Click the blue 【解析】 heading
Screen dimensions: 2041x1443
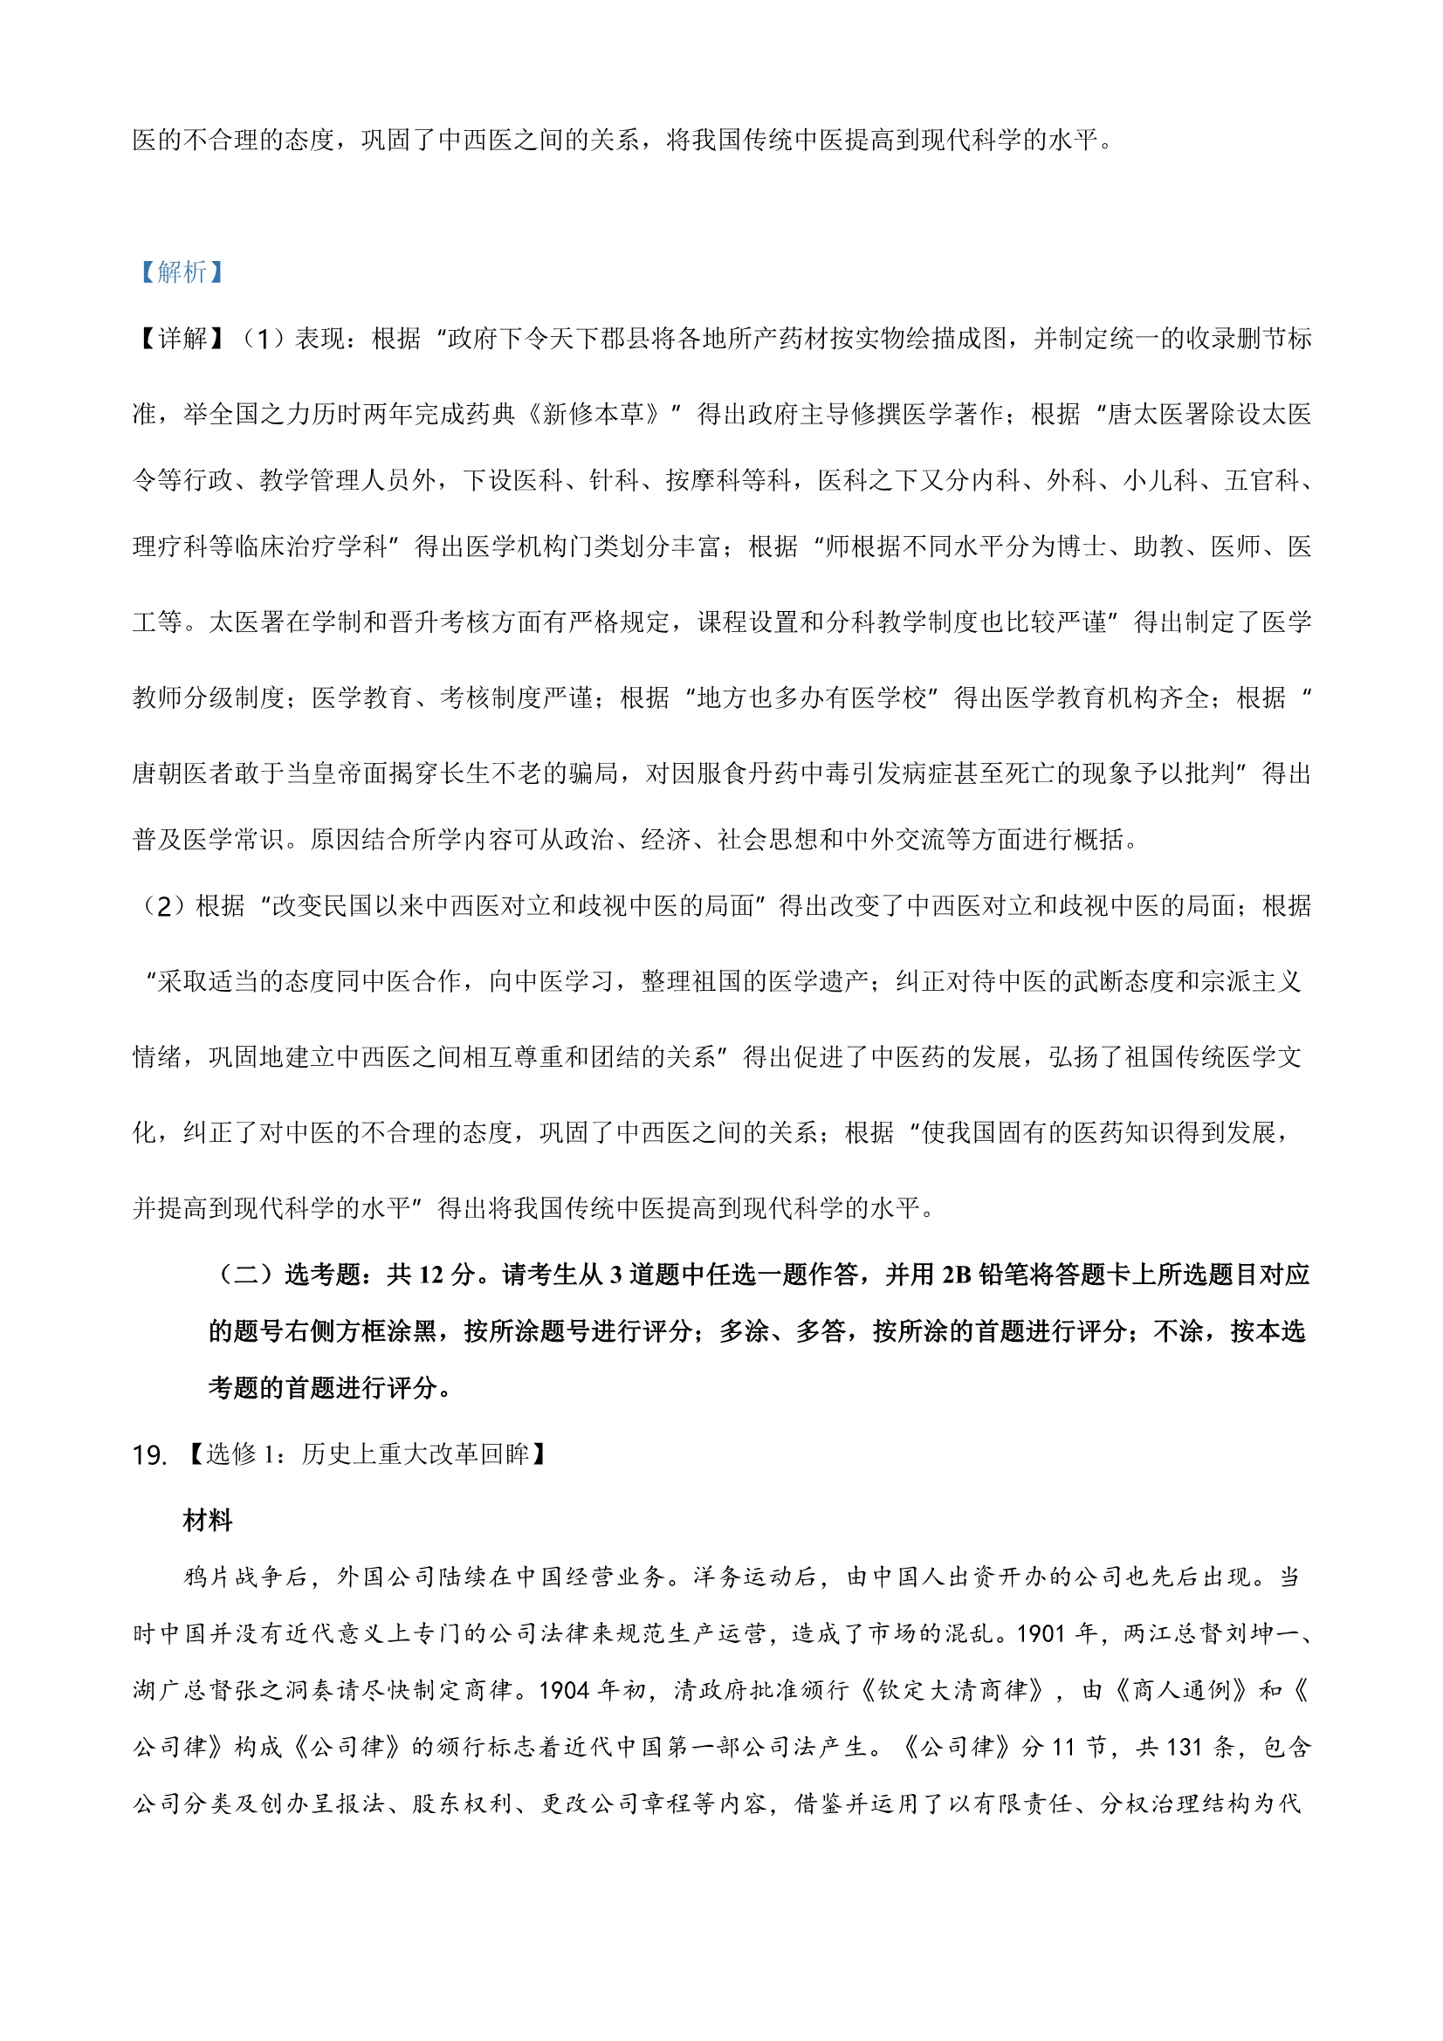[x=181, y=272]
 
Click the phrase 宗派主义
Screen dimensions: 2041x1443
[x=1251, y=981]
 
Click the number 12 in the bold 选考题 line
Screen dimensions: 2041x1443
[x=431, y=1275]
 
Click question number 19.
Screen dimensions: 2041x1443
[x=149, y=1455]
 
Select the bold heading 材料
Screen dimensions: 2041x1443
[x=207, y=1521]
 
